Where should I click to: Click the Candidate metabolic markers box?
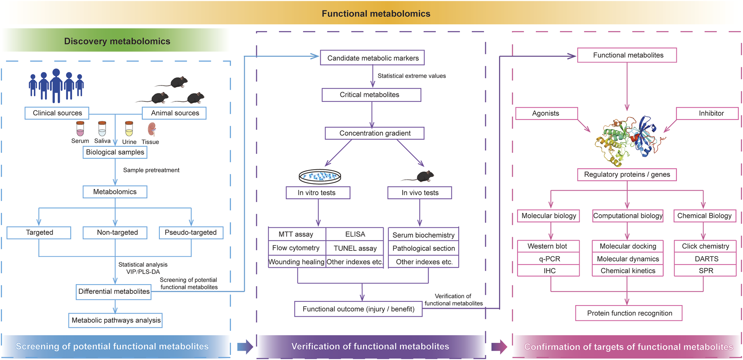(x=372, y=58)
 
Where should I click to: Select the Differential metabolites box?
(x=114, y=291)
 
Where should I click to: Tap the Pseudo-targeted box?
(x=191, y=233)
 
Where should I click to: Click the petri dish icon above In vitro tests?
(x=320, y=176)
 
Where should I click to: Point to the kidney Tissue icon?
(x=152, y=129)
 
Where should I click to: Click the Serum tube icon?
(x=80, y=129)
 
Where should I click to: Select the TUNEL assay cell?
(x=355, y=248)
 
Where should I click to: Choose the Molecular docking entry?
(x=627, y=246)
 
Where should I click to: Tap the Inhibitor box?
(x=711, y=113)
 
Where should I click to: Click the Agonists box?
(x=546, y=113)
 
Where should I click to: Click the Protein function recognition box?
(x=629, y=313)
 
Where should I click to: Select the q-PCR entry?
(x=549, y=259)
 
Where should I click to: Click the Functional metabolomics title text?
(x=376, y=13)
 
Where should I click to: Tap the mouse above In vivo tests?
(x=421, y=176)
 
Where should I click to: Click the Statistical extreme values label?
(x=411, y=76)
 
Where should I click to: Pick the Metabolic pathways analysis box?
(x=116, y=320)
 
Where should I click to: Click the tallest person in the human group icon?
(x=56, y=85)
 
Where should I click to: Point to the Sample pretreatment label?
(x=151, y=170)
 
